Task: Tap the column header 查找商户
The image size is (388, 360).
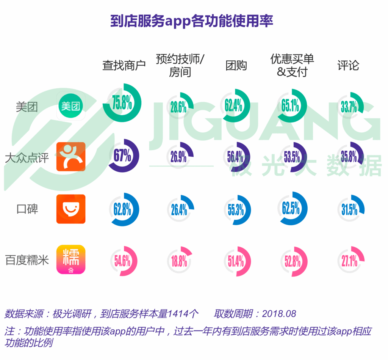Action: pos(124,66)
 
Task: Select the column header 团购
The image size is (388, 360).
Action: pos(236,66)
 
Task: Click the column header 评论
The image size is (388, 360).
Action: pos(348,66)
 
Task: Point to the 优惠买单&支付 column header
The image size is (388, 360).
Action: pos(292,65)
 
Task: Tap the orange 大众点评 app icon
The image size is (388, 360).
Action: pos(71,157)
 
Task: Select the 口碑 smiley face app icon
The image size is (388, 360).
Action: pos(71,209)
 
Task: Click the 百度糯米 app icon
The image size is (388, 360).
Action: pos(71,260)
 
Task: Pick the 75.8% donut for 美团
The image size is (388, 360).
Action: pos(122,104)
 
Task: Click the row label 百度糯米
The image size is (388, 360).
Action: pos(27,261)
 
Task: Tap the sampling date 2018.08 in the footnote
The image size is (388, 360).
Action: pos(279,314)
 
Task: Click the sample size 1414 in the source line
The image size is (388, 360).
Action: pos(178,314)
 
